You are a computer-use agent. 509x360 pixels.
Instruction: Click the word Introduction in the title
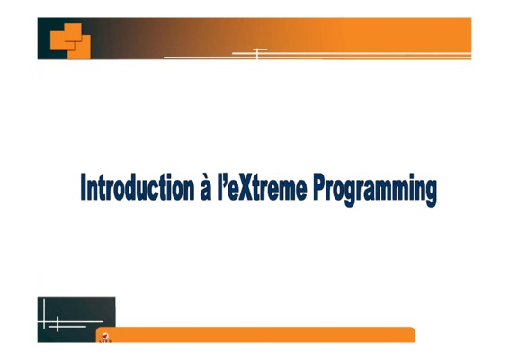138,187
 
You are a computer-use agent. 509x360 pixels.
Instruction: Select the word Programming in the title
375,190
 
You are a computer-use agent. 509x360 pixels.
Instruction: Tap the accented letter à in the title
206,187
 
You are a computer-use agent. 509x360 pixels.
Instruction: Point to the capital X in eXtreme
246,187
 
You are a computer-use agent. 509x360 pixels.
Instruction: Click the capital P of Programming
321,187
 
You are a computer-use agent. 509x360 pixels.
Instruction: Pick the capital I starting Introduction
84,187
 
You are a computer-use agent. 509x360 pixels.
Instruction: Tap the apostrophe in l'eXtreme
224,178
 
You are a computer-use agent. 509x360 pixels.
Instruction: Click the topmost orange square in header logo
74,32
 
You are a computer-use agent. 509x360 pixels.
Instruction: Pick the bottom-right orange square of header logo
79,48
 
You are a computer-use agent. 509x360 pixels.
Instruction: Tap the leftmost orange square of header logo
62,40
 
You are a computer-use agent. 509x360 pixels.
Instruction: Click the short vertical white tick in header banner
257,54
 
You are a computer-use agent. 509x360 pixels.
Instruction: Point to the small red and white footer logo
105,337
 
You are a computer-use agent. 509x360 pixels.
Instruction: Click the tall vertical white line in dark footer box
44,313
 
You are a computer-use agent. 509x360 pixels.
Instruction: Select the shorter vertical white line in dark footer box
58,324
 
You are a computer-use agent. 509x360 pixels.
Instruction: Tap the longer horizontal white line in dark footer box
70,322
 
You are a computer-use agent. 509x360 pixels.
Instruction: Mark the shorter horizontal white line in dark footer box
67,327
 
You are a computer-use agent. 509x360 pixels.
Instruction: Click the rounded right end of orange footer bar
412,334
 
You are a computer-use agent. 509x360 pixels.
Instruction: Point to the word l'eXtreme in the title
262,187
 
